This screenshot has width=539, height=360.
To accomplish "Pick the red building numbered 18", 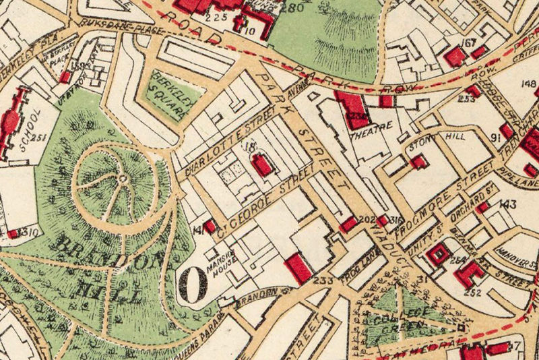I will tap(262, 164).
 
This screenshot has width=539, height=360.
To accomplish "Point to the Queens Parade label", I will tap(201, 316).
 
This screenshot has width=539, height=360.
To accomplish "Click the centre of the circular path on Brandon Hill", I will tap(123, 178).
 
